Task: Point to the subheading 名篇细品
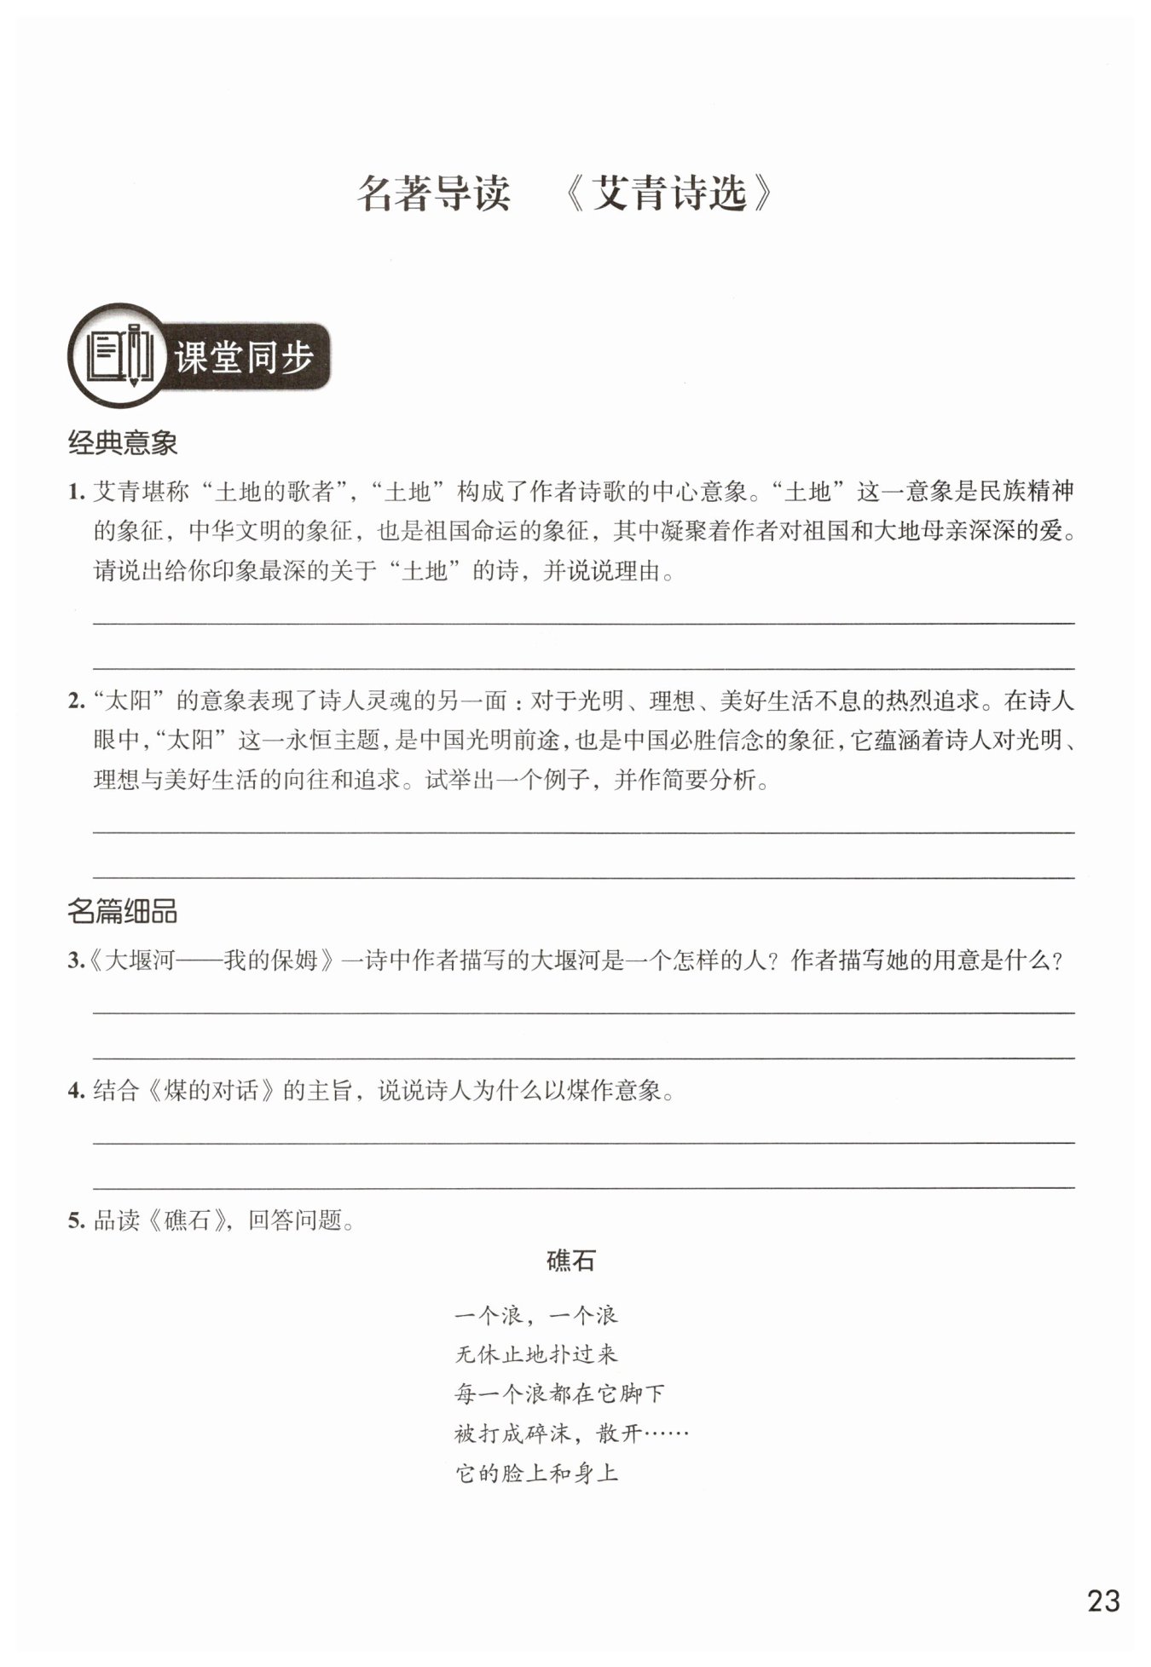[x=122, y=911]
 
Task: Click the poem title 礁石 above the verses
[x=570, y=1260]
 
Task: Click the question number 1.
[x=76, y=493]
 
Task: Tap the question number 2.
[x=76, y=701]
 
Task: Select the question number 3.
[x=75, y=961]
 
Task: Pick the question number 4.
[x=76, y=1091]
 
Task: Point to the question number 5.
[x=76, y=1221]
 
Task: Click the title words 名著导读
[x=434, y=194]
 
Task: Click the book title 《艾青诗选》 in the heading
[x=669, y=194]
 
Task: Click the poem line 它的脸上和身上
[x=536, y=1473]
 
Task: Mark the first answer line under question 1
[x=583, y=622]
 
